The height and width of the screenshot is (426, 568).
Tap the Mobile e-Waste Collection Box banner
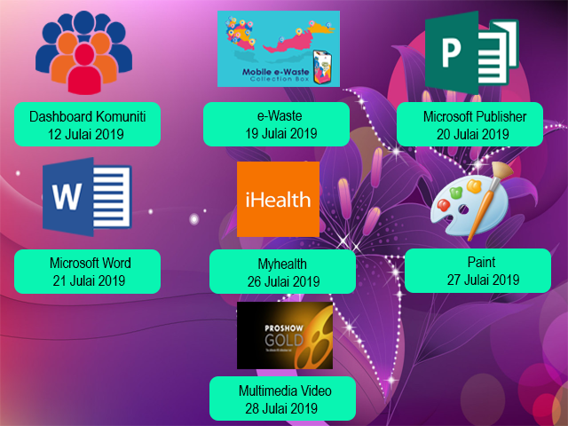[x=279, y=48]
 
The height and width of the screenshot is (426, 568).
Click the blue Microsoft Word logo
[x=86, y=197]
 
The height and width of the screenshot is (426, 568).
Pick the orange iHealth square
[x=278, y=199]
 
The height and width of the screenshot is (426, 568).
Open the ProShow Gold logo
[x=284, y=335]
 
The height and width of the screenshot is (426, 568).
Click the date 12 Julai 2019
[x=87, y=134]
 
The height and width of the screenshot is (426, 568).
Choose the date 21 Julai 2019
[x=89, y=280]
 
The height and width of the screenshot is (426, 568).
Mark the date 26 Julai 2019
[x=283, y=282]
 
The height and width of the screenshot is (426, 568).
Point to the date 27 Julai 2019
[x=482, y=280]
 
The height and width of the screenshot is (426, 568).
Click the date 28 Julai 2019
[x=281, y=409]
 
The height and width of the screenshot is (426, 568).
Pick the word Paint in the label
[x=481, y=263]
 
